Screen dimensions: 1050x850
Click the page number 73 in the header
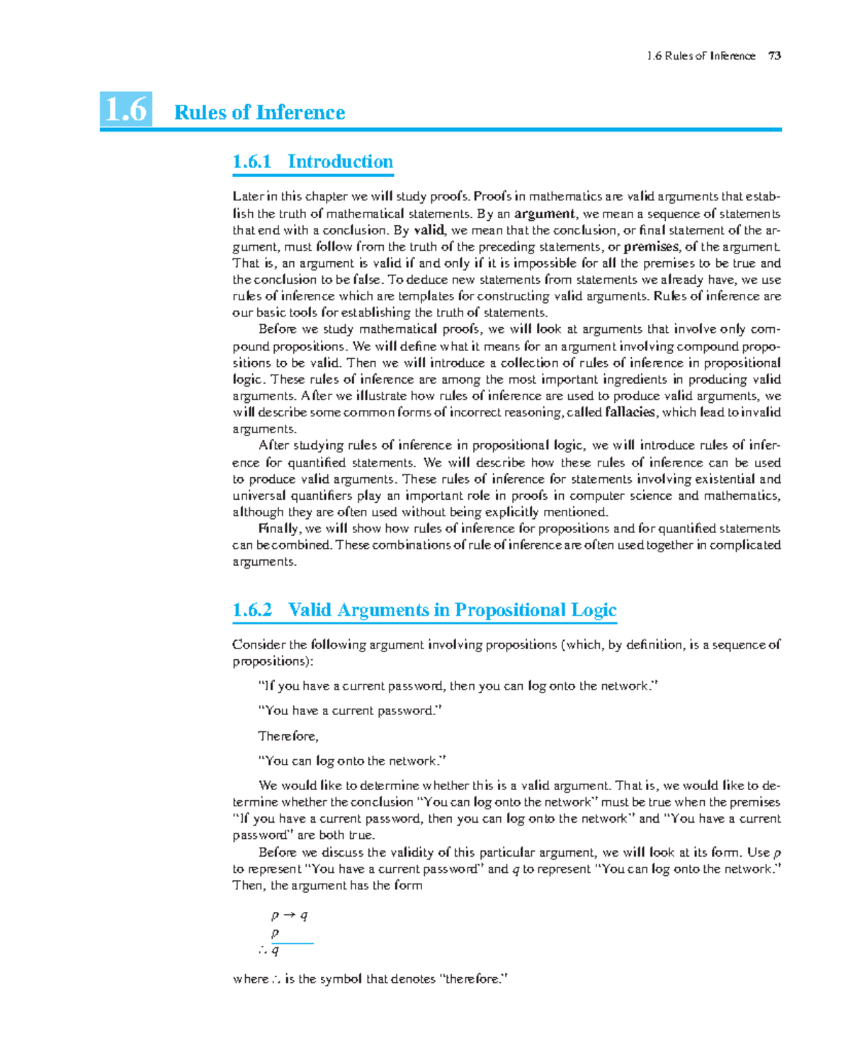(774, 56)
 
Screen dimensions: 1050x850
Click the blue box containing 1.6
(126, 110)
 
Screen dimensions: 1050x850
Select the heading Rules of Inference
(259, 113)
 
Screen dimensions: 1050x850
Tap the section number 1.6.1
(251, 161)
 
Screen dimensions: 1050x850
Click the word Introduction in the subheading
(340, 161)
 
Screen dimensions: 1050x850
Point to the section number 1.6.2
(252, 610)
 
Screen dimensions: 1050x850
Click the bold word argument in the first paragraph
(544, 214)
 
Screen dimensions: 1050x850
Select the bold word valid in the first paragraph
(429, 230)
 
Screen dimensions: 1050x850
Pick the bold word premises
(651, 246)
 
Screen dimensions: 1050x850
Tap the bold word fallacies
(630, 412)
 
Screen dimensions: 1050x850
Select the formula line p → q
(290, 915)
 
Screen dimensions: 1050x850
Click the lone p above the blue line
(276, 933)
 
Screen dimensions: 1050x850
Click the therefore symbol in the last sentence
(276, 979)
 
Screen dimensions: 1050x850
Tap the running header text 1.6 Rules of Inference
(701, 56)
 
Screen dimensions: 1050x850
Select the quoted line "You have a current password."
(350, 710)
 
